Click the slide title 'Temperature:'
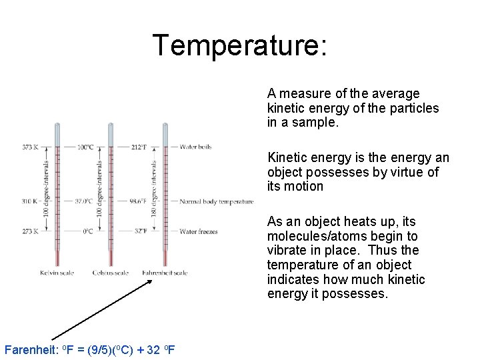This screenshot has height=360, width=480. pos(240,45)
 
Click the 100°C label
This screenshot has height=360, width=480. pos(85,147)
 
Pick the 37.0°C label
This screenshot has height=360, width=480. pos(83,201)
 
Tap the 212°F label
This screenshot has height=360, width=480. pos(139,147)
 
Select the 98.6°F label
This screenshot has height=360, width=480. pos(139,201)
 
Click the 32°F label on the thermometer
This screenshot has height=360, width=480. pos(141,232)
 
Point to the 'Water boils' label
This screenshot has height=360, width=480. pos(195,147)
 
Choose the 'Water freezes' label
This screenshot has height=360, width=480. pos(199,232)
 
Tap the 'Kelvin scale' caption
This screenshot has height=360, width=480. pos(57,273)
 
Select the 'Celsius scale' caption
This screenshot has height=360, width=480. pos(111,273)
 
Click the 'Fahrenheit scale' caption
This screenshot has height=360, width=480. pos(165,273)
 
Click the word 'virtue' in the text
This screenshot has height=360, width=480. pos(421,172)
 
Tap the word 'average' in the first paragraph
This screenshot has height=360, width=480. pos(396,93)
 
